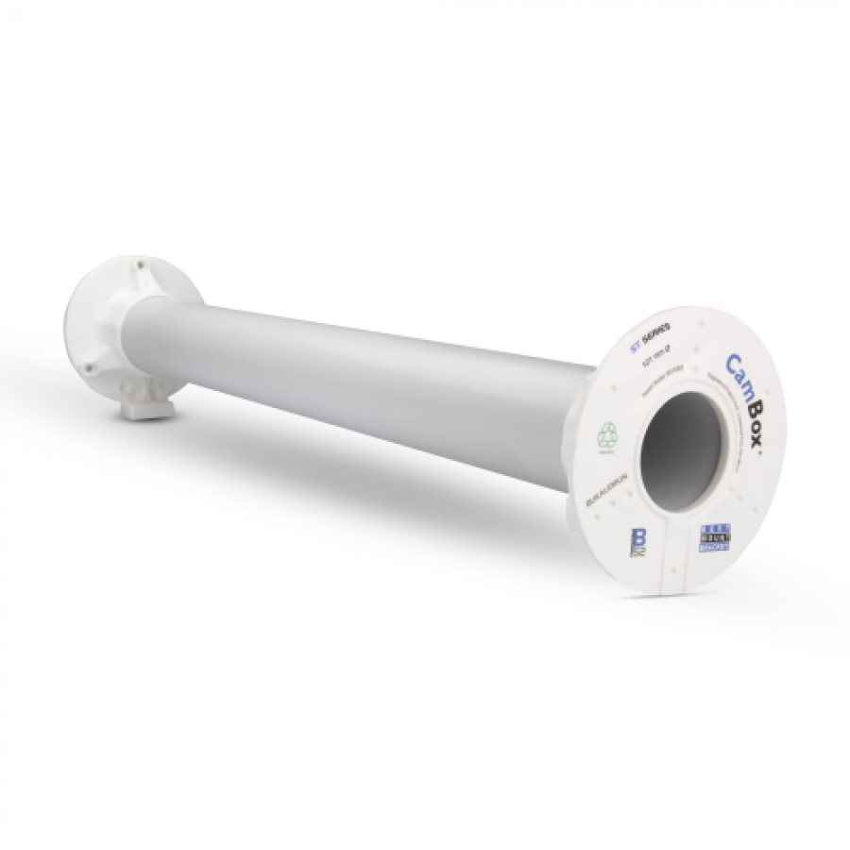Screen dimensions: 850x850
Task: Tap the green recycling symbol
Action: pos(605,436)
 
